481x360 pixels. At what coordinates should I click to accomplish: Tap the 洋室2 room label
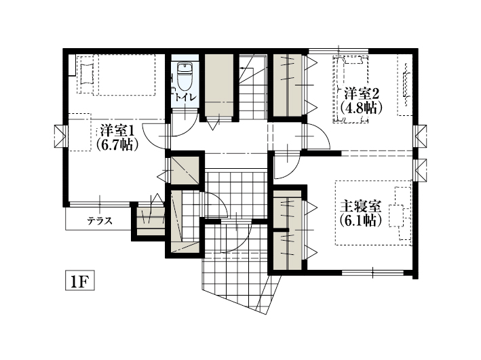(361, 93)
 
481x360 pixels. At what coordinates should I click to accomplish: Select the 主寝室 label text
(361, 206)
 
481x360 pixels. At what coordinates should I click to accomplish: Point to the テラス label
(100, 220)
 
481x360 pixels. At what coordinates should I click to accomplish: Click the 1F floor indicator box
(80, 280)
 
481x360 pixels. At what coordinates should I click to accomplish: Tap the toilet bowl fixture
(185, 76)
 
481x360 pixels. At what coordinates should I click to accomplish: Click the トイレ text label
(185, 98)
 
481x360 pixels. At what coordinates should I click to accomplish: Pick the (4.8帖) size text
(361, 108)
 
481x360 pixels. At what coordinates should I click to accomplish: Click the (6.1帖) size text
(361, 220)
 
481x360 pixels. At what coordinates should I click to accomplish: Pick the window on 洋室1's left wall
(60, 136)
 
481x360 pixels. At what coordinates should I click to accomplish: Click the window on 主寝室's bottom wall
(372, 272)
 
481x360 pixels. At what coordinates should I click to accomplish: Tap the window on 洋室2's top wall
(339, 51)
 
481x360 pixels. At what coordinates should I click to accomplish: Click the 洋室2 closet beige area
(288, 85)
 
